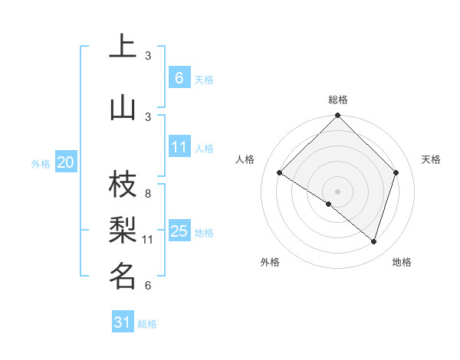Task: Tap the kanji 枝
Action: (x=123, y=185)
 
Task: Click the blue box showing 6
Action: (x=179, y=78)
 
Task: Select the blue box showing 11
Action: (x=179, y=147)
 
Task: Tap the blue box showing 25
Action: (x=179, y=231)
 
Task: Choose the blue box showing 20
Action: (x=65, y=162)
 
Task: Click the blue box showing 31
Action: (x=123, y=323)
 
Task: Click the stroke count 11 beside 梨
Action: (x=148, y=240)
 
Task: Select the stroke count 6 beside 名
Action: (x=148, y=286)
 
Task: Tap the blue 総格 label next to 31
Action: (x=148, y=324)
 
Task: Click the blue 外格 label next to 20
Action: (x=41, y=163)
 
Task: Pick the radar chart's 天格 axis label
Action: (x=431, y=159)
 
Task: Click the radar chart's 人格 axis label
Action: (x=245, y=159)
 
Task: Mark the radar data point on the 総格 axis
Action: (x=337, y=116)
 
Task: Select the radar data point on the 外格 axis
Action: (x=329, y=204)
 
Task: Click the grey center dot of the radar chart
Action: (x=337, y=191)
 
